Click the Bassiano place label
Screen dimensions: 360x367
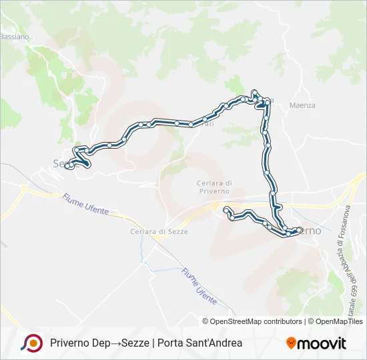point(15,37)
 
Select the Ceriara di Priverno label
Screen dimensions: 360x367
point(214,187)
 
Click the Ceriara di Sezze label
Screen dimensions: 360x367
point(159,231)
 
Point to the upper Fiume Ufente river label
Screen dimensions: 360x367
point(85,203)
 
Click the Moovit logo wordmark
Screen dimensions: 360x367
point(322,343)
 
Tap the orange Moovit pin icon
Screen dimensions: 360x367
point(292,343)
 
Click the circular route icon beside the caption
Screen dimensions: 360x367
point(31,343)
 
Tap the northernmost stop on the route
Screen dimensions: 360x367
point(255,91)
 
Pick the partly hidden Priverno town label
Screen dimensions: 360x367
point(310,231)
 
